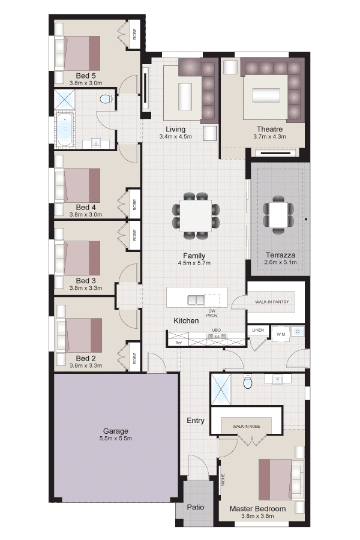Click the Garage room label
115,431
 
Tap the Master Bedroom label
257,509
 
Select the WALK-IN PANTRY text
272,302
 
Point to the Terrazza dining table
278,215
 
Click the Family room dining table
196,215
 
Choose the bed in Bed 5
77,53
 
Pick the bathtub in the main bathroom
65,131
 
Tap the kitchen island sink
196,301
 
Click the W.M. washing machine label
281,334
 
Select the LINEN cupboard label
258,330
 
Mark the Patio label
196,507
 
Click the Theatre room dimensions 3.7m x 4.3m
269,136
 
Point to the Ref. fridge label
178,343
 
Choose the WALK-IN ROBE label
247,427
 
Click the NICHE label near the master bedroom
223,480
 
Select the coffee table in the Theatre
266,95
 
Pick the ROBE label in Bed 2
134,358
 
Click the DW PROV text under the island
212,313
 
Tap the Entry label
196,421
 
